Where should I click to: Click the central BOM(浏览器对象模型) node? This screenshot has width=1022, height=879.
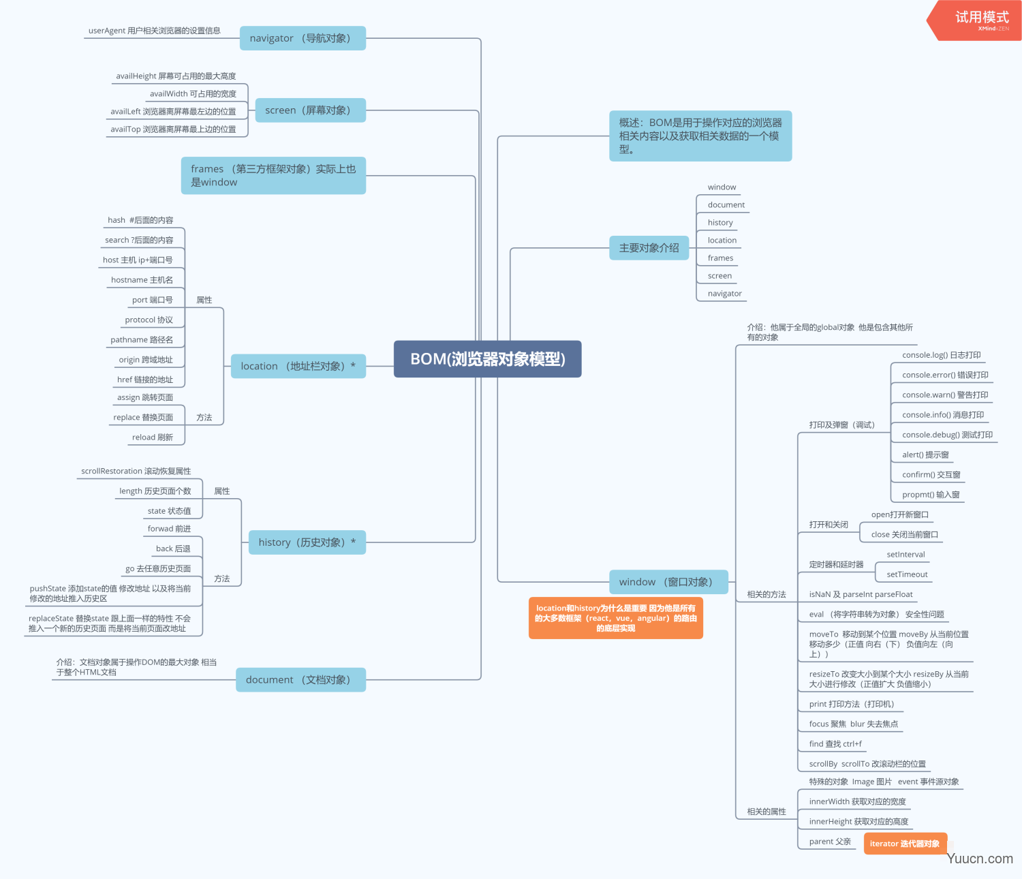click(x=487, y=359)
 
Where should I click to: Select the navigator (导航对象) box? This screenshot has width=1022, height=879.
click(x=303, y=38)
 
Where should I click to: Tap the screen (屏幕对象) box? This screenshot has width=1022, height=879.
click(x=311, y=110)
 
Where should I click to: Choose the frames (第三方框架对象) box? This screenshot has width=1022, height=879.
click(x=273, y=176)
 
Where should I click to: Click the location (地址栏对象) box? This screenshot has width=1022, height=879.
click(x=298, y=367)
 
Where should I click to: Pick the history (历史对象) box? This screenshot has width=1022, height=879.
click(x=307, y=542)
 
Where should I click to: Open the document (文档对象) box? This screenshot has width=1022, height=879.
click(x=300, y=680)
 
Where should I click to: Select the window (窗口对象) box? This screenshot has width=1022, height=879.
click(x=668, y=582)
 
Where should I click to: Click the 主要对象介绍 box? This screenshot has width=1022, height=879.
click(x=649, y=247)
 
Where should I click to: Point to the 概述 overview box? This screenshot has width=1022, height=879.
click(x=700, y=136)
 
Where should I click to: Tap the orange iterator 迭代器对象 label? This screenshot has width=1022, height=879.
click(x=905, y=844)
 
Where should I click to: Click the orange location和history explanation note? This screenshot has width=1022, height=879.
click(x=615, y=618)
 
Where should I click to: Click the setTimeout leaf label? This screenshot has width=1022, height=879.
click(x=907, y=574)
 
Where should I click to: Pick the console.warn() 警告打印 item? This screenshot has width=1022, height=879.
click(x=945, y=395)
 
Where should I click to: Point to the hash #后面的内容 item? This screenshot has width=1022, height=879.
click(x=140, y=220)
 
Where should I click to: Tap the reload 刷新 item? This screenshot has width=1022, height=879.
click(x=153, y=437)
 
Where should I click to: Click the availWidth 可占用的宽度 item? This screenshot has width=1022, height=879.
click(x=193, y=93)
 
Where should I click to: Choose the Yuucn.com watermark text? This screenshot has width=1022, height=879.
click(x=980, y=859)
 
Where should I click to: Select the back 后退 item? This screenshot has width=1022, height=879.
click(x=173, y=549)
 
